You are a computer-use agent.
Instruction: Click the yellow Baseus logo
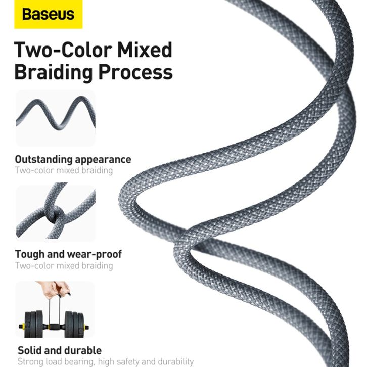49,14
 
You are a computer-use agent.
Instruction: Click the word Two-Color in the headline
63,50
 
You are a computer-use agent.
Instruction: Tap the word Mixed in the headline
145,50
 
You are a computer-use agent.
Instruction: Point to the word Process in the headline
135,72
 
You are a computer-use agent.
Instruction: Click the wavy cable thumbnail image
56,118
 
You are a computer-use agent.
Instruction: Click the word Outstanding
44,160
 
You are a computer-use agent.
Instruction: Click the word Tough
30,255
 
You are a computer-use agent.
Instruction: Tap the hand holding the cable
54,290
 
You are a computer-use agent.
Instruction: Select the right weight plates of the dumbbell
74,324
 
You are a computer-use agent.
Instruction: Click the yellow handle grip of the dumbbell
54,326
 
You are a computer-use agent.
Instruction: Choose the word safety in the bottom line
128,362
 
